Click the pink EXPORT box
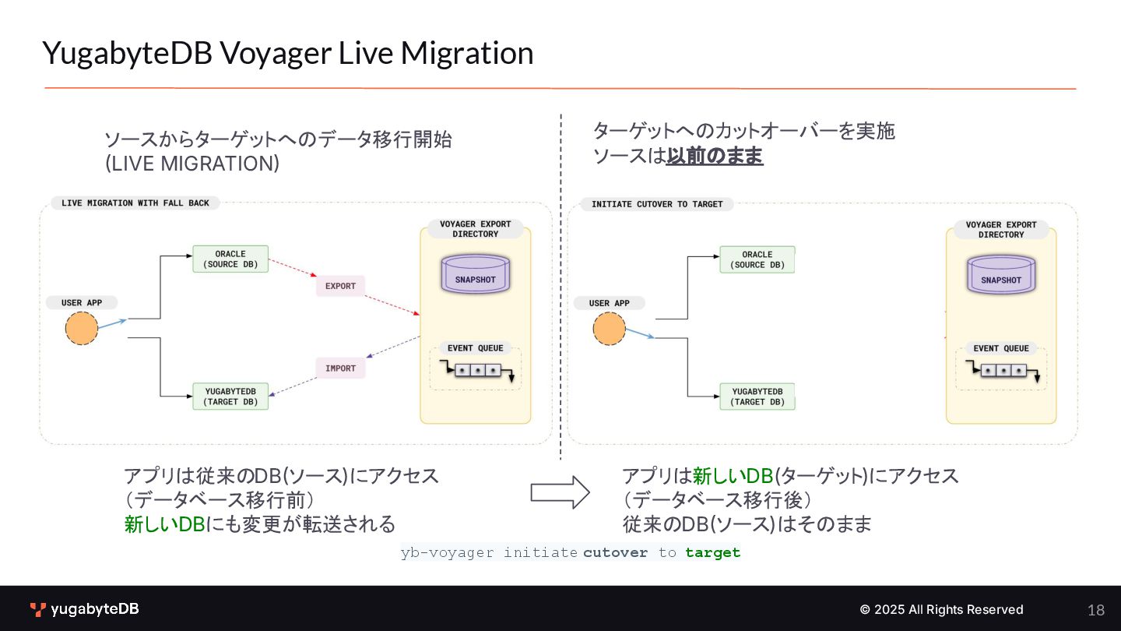coord(340,286)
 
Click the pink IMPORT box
coord(340,368)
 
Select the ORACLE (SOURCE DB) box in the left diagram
coord(230,259)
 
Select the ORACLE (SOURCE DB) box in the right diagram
coord(757,259)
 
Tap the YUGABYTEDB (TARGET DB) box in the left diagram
coord(230,397)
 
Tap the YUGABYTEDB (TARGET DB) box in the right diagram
coord(757,397)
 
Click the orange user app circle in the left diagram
coord(82,328)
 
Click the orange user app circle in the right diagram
coord(609,329)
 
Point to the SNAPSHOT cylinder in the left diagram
coord(475,275)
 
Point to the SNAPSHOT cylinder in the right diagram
coord(1001,276)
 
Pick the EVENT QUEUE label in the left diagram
coord(476,348)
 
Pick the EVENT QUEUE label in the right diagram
coord(1001,348)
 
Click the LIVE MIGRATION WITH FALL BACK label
coord(135,203)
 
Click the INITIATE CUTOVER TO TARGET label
coord(657,204)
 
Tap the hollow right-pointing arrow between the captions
coord(560,492)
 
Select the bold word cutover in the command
coord(615,553)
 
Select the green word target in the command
coord(712,553)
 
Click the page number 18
coord(1096,610)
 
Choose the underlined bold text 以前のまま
coord(715,156)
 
